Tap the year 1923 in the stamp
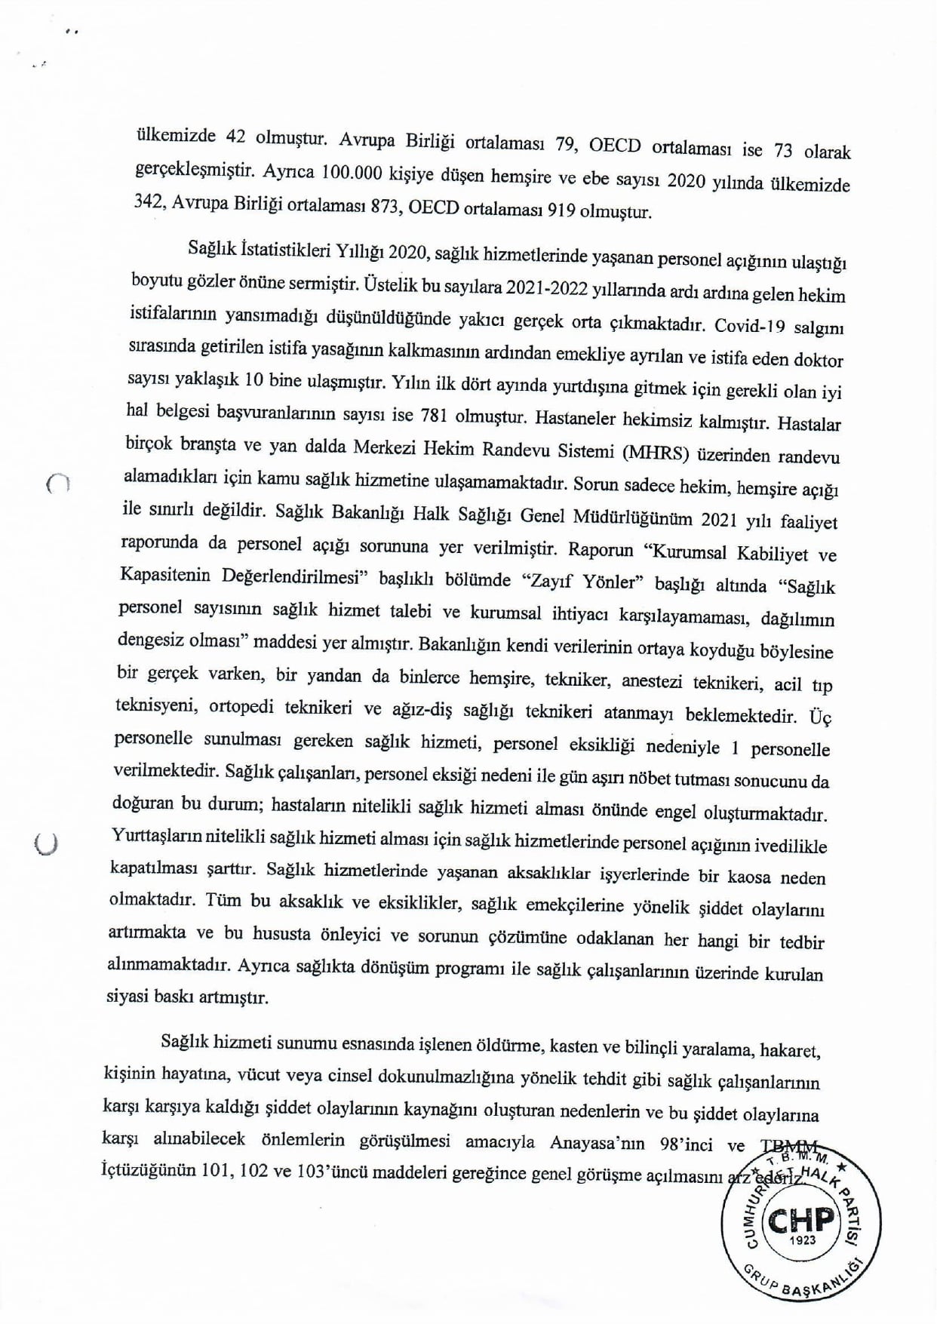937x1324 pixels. [x=801, y=1240]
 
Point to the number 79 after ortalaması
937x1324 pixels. [x=565, y=145]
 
